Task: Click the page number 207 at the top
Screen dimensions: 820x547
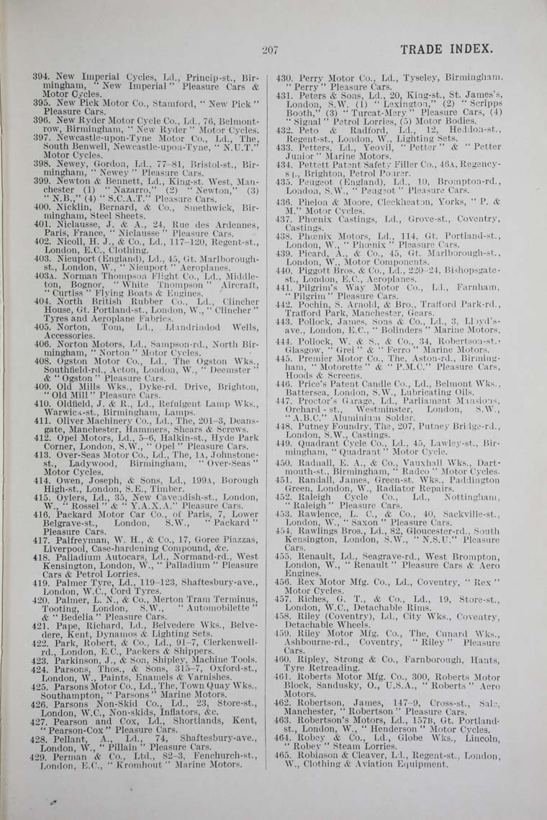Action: [x=270, y=50]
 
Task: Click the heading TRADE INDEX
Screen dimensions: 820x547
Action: [x=446, y=49]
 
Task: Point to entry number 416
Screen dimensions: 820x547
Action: [x=41, y=516]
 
